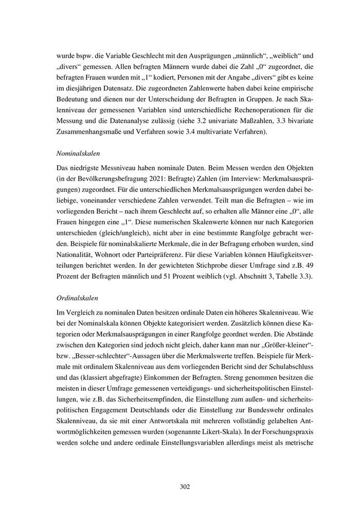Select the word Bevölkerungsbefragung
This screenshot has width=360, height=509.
pyautogui.click(x=112, y=180)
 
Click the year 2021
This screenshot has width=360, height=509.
pyautogui.click(x=156, y=180)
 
